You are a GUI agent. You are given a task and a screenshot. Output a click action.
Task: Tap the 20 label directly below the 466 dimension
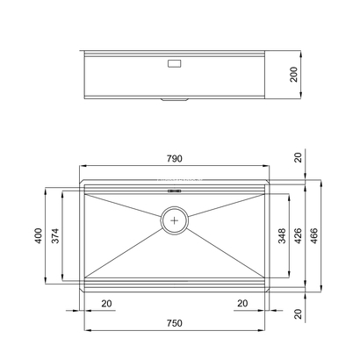click(299, 313)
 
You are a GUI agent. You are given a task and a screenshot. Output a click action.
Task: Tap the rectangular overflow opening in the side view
click(172, 63)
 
